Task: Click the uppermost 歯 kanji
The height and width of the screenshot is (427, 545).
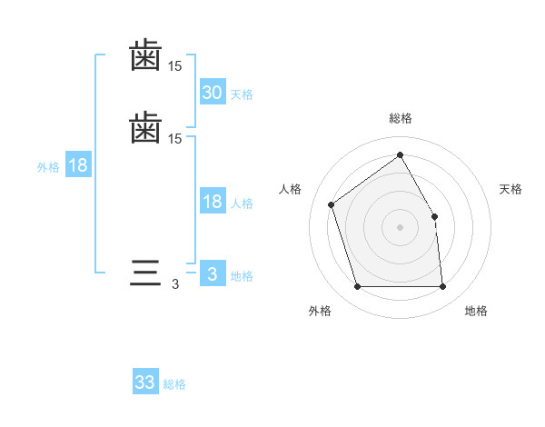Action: (x=145, y=55)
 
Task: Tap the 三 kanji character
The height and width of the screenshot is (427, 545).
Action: (x=145, y=273)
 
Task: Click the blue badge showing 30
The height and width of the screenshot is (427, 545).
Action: (x=212, y=92)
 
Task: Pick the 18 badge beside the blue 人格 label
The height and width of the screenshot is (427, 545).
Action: (x=212, y=202)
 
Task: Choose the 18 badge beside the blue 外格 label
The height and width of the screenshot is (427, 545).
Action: (x=78, y=165)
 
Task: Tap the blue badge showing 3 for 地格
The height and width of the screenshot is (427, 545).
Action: (x=212, y=274)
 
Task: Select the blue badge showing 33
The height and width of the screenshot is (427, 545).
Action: (x=145, y=382)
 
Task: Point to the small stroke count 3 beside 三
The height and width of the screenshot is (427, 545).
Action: (x=175, y=284)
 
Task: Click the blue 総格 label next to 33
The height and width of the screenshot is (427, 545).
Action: (x=175, y=384)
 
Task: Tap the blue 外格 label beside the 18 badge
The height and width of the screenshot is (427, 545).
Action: (x=48, y=166)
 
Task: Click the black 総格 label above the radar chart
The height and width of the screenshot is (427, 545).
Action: (x=401, y=118)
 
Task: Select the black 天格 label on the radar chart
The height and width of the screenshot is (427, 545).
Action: (x=511, y=189)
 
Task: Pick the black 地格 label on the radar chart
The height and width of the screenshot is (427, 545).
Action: (x=476, y=311)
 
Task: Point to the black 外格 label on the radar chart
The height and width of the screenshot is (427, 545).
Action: (x=320, y=311)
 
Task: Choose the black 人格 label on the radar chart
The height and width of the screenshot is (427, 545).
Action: (x=291, y=189)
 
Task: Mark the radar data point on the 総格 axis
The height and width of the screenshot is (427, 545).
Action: (x=400, y=155)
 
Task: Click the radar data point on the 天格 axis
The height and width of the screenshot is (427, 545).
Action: (x=434, y=216)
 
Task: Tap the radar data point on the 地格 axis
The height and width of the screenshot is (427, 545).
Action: (x=442, y=287)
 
